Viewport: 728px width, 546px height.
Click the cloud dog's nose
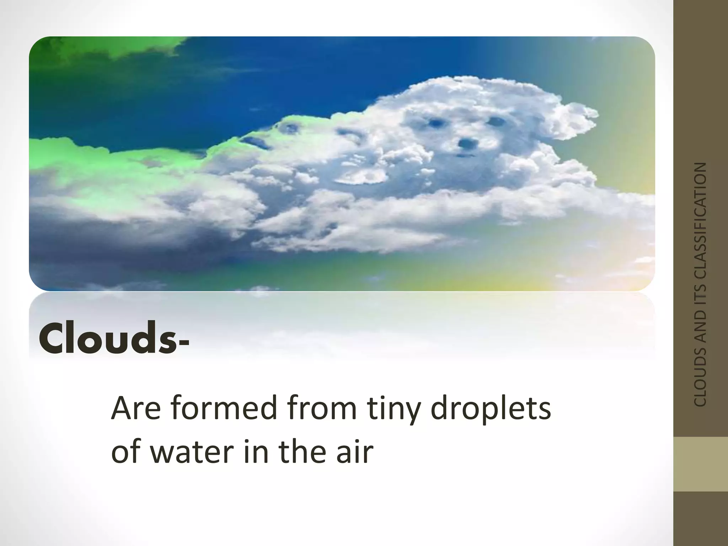coord(465,143)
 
